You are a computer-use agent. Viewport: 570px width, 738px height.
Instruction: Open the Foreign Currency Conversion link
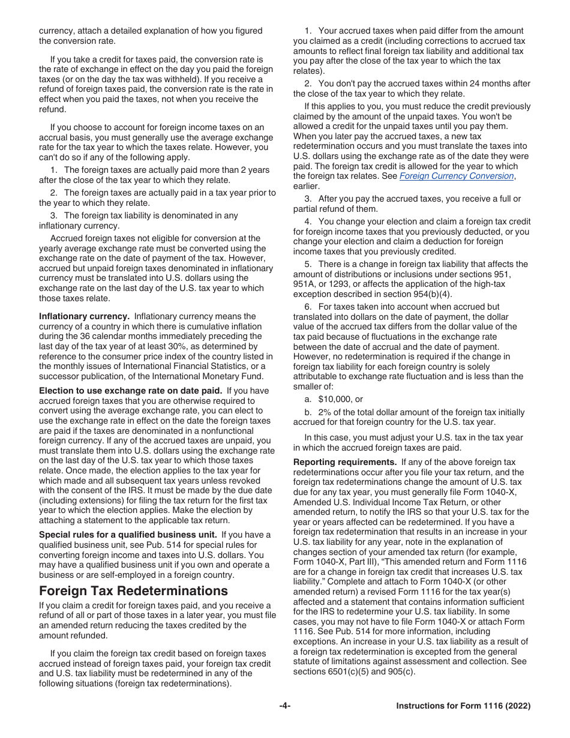coord(457,176)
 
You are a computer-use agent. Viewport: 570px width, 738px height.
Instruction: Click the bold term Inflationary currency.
coord(84,316)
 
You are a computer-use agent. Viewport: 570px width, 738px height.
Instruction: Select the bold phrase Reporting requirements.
coord(344,462)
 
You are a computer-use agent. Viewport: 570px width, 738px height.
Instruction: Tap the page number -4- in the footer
coord(285,706)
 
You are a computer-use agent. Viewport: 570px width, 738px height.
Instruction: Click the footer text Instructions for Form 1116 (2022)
coord(463,706)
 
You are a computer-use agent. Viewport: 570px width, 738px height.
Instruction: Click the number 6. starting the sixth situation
coord(308,307)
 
